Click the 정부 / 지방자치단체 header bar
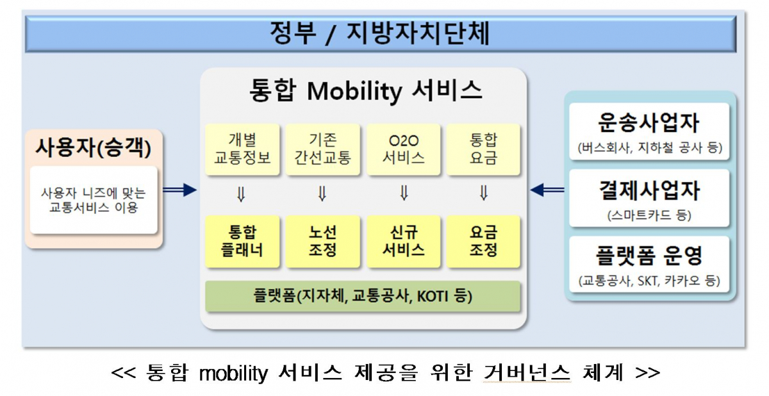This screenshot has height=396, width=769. click(379, 35)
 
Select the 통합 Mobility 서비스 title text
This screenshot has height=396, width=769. click(365, 92)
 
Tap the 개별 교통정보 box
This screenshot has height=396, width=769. click(242, 149)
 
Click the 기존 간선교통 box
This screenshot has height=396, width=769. click(322, 149)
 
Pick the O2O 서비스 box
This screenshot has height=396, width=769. click(403, 149)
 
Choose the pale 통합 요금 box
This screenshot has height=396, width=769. click(483, 149)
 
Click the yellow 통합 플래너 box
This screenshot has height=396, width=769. click(242, 242)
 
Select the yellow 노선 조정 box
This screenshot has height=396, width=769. click(322, 242)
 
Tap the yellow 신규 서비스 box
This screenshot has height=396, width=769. click(403, 242)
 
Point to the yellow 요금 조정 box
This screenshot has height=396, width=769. click(483, 242)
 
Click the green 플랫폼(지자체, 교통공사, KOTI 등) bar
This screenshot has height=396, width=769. click(363, 296)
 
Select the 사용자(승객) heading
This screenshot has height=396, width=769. click(94, 148)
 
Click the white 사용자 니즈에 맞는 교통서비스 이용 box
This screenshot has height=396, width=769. click(94, 200)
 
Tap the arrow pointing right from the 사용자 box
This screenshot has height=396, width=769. click(179, 190)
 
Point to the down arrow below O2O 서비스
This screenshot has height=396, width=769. click(404, 194)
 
